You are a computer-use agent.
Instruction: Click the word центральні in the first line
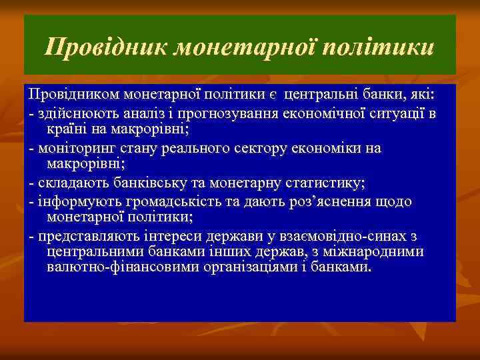[317, 95]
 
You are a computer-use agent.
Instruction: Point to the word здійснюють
[73, 113]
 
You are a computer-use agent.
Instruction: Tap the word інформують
[73, 201]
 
